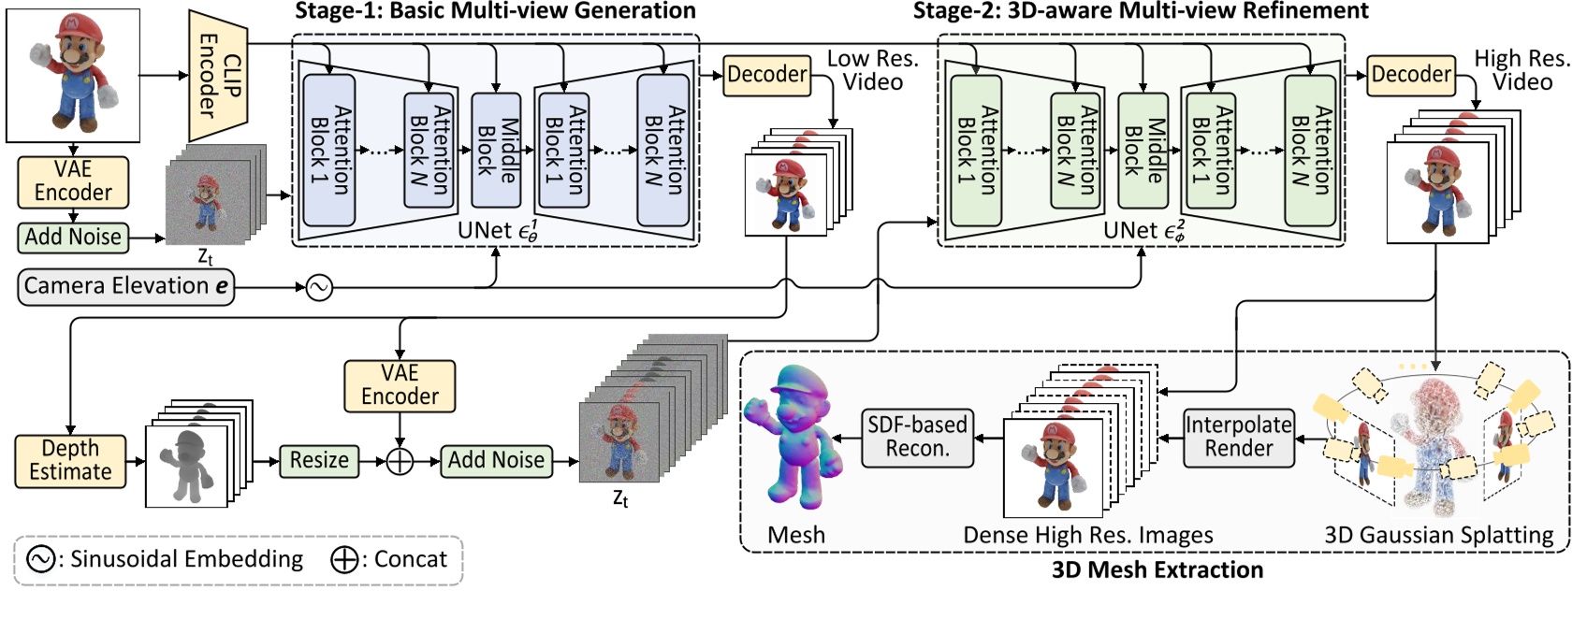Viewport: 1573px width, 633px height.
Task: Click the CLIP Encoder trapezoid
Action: (x=218, y=75)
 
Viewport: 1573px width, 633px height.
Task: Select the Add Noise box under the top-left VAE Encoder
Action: (x=73, y=237)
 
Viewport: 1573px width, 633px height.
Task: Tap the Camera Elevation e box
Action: (x=126, y=286)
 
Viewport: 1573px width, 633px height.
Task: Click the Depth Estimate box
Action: (x=70, y=460)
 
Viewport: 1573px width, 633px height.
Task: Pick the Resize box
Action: (x=318, y=460)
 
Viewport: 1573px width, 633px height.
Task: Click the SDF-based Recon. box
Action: (x=917, y=437)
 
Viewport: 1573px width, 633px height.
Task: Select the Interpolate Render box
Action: (x=1238, y=437)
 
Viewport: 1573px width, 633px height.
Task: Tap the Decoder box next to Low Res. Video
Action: (x=766, y=75)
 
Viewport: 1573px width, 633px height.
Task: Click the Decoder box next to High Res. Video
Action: (x=1411, y=75)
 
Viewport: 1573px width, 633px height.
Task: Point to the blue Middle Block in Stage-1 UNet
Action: (x=496, y=149)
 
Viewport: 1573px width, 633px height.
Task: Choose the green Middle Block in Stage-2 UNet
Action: (x=1143, y=149)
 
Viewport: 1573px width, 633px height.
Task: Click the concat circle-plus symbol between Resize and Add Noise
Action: (x=400, y=461)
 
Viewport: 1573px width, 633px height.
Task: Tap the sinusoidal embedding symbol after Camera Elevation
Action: (x=319, y=288)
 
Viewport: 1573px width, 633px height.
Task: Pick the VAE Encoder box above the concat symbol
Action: (x=400, y=385)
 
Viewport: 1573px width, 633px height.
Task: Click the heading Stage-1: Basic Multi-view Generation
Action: (x=495, y=11)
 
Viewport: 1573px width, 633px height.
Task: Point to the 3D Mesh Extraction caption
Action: (x=1157, y=570)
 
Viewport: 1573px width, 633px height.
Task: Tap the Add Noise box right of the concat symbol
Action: (x=496, y=460)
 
